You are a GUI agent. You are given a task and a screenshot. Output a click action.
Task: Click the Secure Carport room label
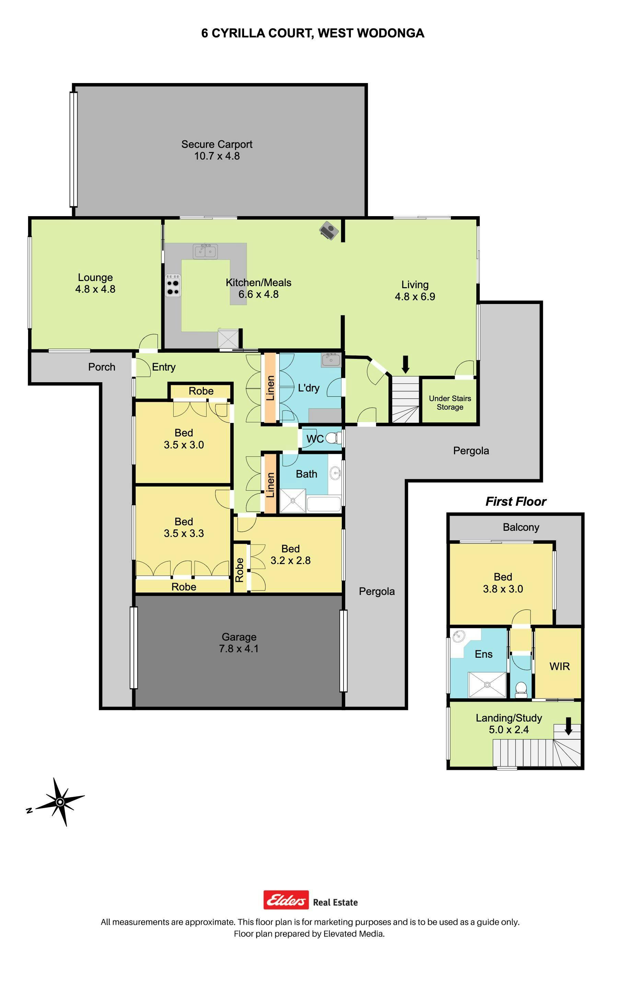pos(217,150)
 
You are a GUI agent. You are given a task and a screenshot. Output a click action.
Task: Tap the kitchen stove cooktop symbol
pos(173,285)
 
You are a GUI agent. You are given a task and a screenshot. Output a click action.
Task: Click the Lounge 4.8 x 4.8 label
pos(95,283)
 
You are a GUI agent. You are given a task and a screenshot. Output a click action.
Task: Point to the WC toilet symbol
pos(334,437)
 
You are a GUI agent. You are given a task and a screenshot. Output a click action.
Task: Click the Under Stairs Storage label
pos(450,402)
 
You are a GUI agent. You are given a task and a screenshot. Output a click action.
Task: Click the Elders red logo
pos(286,900)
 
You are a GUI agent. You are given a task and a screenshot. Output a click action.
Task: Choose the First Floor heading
pos(516,501)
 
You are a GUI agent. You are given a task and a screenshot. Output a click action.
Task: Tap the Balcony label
pos(521,527)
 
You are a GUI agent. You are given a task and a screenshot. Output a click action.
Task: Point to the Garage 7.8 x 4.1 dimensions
pos(239,648)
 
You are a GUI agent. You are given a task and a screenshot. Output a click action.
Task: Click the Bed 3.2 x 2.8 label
pos(290,554)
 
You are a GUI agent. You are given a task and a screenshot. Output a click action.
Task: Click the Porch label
pos(102,367)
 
